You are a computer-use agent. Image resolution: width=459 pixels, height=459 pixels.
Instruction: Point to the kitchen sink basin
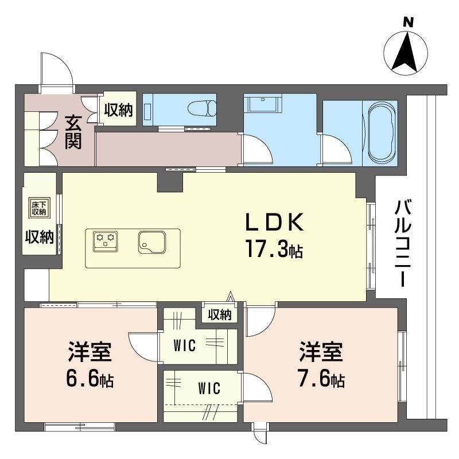click(151, 242)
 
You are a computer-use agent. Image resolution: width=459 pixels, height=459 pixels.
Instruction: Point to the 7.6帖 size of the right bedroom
click(321, 379)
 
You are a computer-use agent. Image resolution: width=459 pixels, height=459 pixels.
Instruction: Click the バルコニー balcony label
click(401, 244)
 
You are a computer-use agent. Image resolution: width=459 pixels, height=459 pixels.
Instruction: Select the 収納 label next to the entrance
click(119, 109)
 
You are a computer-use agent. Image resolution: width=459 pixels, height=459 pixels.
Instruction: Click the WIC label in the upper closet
click(185, 345)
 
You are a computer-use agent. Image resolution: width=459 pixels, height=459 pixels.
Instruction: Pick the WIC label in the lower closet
click(209, 388)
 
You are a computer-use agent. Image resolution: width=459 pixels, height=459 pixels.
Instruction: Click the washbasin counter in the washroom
click(263, 104)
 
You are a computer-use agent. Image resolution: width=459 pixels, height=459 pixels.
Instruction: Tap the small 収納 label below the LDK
click(219, 314)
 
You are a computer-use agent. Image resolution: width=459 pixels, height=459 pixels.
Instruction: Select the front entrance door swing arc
click(57, 68)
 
